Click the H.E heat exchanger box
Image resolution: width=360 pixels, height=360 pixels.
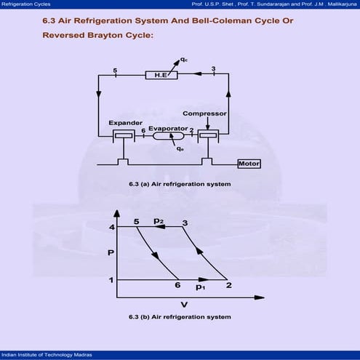161,75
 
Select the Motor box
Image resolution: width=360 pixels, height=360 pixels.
249,164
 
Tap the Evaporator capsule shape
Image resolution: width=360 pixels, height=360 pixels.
169,136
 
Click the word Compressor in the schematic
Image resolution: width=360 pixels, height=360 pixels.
204,113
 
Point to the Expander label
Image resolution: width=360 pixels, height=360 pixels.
126,123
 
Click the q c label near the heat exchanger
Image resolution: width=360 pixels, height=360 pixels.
184,60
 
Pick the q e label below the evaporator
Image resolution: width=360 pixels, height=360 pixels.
180,148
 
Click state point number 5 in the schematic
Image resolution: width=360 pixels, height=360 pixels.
115,71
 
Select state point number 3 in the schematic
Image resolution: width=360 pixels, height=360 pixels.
213,68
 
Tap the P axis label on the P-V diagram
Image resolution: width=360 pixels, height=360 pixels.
111,253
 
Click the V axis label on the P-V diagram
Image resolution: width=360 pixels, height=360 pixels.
184,305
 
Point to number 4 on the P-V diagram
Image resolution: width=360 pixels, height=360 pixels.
112,227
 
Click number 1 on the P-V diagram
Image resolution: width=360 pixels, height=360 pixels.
111,280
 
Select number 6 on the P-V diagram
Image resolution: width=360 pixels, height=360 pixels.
177,285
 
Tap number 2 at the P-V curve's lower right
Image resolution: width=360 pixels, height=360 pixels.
229,285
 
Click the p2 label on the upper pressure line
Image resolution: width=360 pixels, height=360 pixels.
159,221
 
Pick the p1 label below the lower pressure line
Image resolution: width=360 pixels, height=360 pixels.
201,287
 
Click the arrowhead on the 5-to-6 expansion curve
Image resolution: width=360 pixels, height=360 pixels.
155,256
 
